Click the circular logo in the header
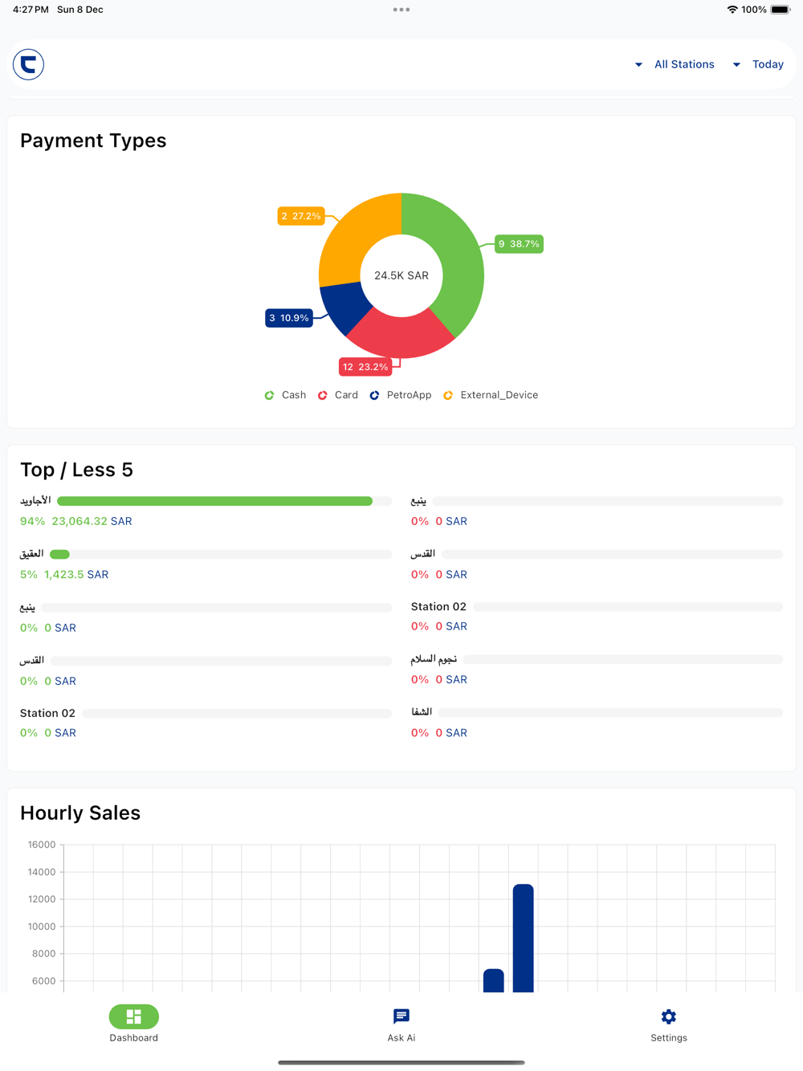[x=28, y=64]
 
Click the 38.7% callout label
[x=519, y=244]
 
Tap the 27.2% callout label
[x=301, y=216]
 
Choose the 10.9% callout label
[x=289, y=318]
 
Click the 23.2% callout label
[x=365, y=367]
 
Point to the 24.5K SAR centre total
[x=401, y=275]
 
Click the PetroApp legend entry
[x=401, y=395]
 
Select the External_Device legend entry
[x=491, y=395]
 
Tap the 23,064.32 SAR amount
[x=92, y=521]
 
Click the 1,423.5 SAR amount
[x=76, y=575]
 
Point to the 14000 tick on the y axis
[x=42, y=872]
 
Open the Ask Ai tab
[x=401, y=1024]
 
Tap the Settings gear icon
[x=669, y=1017]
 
